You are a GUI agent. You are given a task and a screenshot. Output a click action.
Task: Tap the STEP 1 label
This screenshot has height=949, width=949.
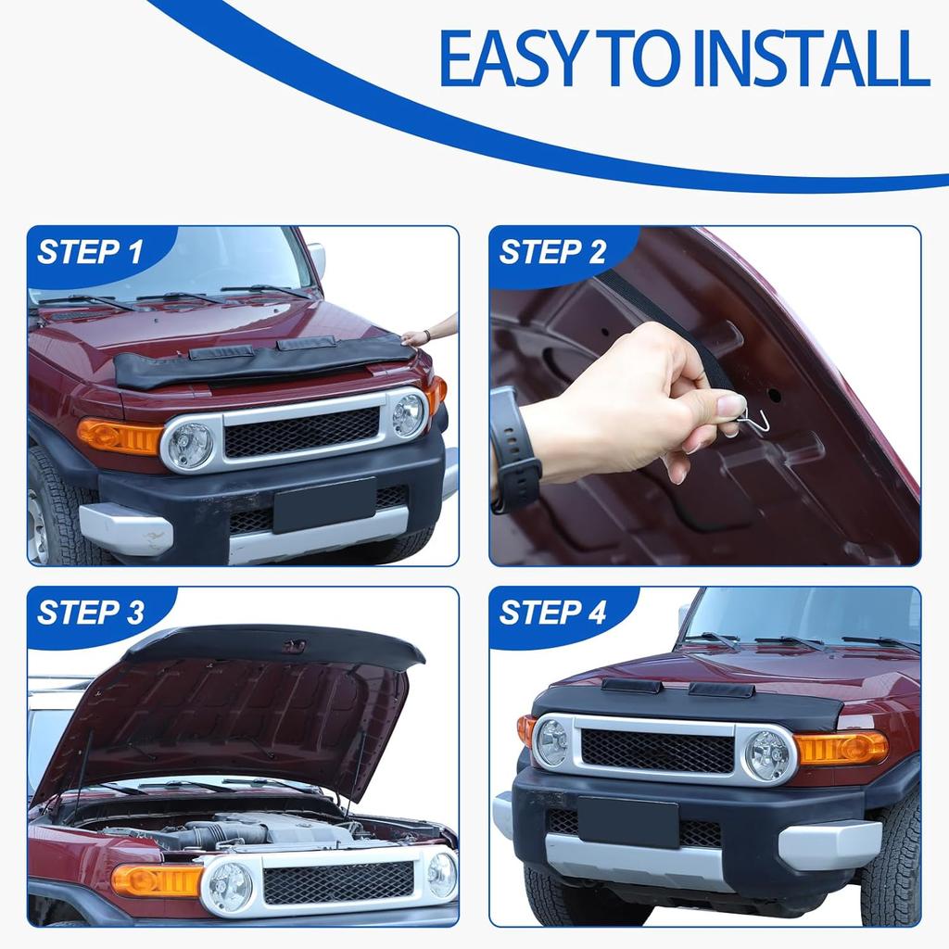click(90, 252)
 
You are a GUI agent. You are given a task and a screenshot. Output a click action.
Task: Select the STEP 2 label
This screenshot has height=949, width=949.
click(552, 252)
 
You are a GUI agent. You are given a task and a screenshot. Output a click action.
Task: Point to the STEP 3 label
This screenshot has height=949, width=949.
click(90, 613)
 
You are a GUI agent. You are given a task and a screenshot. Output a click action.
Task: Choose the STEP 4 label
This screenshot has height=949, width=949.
click(552, 613)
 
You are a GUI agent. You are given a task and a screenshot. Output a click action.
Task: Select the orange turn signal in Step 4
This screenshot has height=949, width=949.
click(840, 746)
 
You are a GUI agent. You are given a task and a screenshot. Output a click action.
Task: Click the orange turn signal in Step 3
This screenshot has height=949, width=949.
click(156, 879)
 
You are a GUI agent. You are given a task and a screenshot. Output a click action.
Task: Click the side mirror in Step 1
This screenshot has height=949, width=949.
click(317, 259)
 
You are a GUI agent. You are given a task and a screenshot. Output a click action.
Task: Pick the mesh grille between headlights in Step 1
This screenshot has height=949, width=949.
click(301, 432)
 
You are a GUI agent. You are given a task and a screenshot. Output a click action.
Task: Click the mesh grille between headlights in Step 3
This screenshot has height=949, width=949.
click(337, 881)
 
